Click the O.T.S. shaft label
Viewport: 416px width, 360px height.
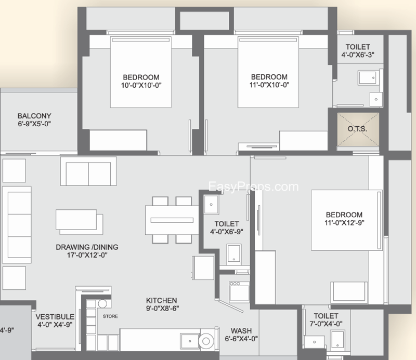pos(357,129)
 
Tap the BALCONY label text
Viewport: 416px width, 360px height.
pos(34,116)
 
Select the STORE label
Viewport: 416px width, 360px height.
pos(110,316)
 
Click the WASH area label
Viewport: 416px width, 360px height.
pos(241,331)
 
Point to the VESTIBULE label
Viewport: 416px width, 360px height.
pos(55,317)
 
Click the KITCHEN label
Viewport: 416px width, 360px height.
pos(161,301)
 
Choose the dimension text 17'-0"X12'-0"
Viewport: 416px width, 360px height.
pos(87,255)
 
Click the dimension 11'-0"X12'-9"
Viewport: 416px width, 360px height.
pos(344,223)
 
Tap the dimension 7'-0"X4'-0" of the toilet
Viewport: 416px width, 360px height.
pos(326,324)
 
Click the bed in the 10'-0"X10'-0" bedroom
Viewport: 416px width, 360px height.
pos(140,72)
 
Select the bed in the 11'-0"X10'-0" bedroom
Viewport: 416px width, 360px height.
pos(268,72)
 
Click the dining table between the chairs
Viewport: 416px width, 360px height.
pos(172,220)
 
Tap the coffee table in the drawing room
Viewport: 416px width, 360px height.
pos(79,222)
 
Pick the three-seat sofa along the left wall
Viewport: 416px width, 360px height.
pos(17,225)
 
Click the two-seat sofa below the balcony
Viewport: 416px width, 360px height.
pos(88,171)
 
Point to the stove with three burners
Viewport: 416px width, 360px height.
pos(239,291)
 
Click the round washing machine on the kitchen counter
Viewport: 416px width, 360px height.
pos(206,341)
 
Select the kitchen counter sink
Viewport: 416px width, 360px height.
pos(189,341)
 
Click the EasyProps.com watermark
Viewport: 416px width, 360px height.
pos(253,186)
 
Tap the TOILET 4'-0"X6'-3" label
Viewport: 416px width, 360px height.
pos(358,51)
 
